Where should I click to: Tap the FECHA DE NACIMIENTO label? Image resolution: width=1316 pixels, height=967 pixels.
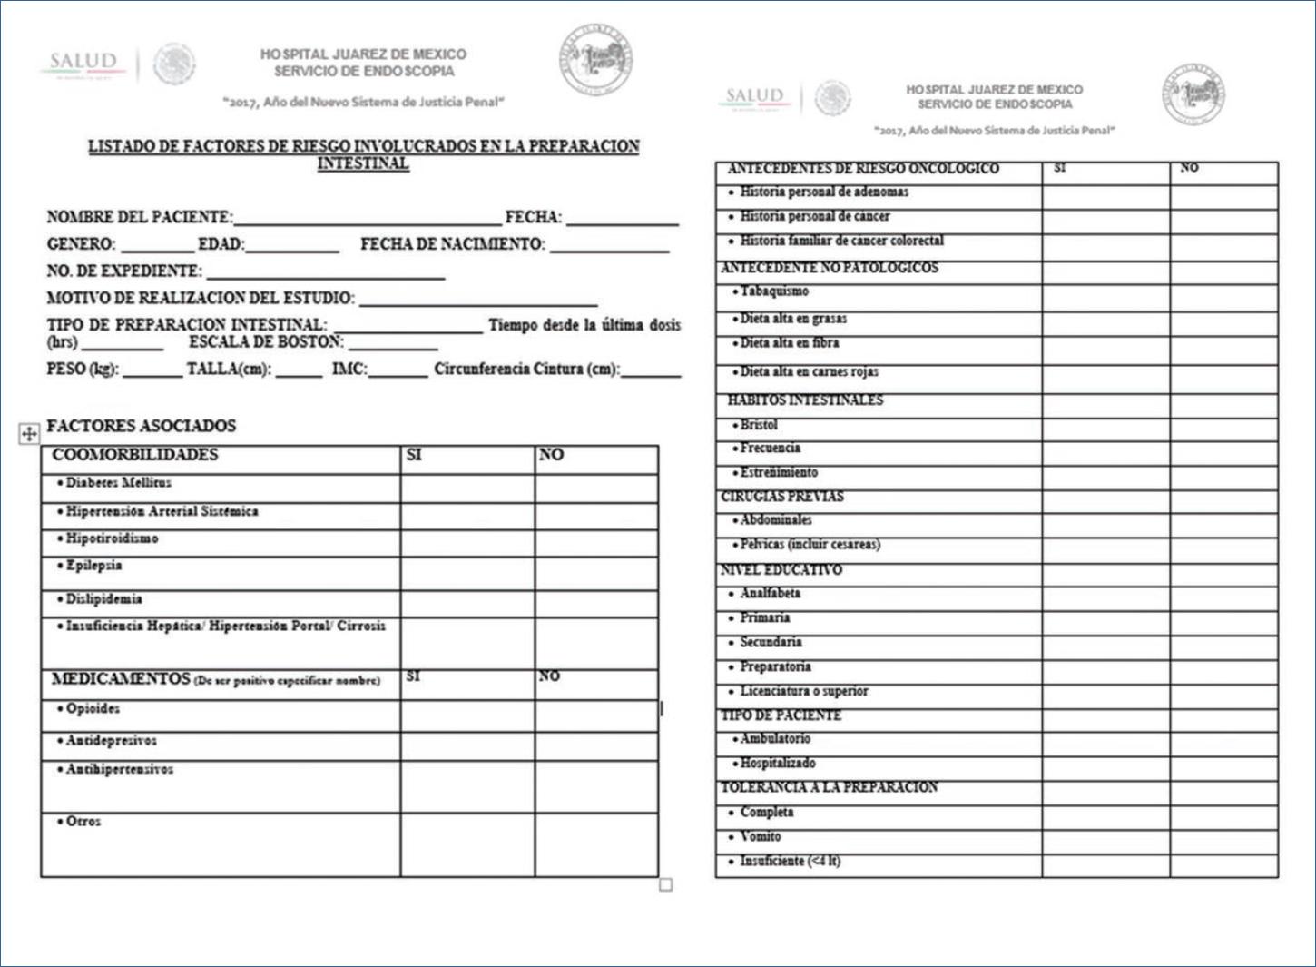tap(452, 244)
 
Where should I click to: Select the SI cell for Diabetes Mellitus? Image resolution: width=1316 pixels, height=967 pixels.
tap(467, 488)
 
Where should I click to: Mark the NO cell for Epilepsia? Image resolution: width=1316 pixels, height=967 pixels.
tap(596, 573)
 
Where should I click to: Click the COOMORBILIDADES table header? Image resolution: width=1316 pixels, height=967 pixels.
tap(135, 455)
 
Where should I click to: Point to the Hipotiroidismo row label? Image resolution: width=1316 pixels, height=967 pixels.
tap(112, 538)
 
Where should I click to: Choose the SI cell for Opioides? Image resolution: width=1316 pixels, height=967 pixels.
tap(467, 715)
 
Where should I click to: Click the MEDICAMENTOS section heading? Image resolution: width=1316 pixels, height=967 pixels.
tap(121, 679)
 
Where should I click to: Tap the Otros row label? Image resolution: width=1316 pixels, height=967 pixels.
tap(83, 822)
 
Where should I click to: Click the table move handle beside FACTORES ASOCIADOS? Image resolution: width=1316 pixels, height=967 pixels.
tap(29, 434)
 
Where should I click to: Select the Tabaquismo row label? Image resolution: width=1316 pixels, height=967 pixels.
tap(774, 291)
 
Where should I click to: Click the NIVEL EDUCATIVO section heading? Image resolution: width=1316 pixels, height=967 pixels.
tap(781, 570)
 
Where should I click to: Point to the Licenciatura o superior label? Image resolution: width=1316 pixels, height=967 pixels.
tap(803, 691)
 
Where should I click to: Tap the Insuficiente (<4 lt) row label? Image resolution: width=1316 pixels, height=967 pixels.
tap(790, 861)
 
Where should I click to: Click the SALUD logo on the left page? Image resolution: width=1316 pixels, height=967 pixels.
tap(83, 64)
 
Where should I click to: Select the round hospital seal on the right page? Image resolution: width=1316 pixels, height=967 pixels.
tap(1193, 95)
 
